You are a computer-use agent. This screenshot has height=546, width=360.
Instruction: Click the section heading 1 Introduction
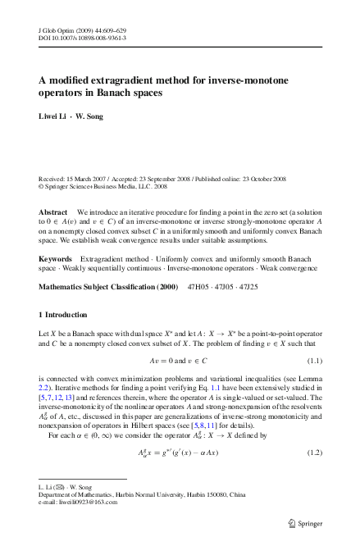(x=68, y=315)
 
